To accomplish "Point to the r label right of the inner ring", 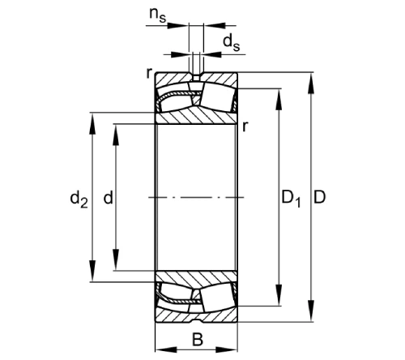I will coord(245,126).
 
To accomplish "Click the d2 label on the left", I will coord(79,197).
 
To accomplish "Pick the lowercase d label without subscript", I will coord(108,197).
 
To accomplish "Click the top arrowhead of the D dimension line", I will coord(310,78).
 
